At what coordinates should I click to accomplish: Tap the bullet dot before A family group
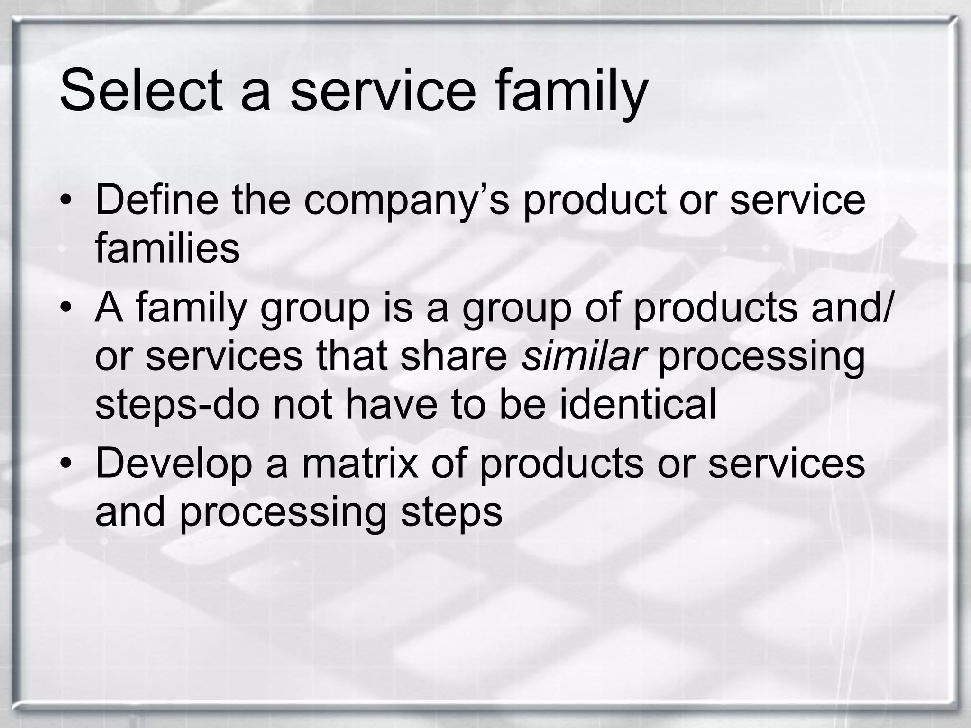pos(66,308)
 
